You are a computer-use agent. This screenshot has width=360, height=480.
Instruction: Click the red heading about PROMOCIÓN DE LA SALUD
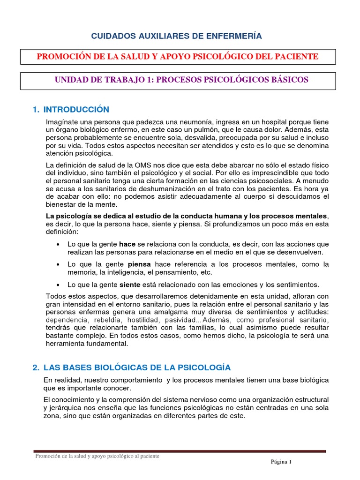pos(178,57)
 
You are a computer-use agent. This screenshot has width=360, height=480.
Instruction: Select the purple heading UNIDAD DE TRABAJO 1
pos(181,80)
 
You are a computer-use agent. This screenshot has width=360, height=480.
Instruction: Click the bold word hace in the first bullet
pos(127,244)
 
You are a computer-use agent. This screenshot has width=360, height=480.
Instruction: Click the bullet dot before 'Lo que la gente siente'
pos(57,285)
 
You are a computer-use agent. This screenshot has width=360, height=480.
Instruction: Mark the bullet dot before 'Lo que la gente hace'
pos(57,245)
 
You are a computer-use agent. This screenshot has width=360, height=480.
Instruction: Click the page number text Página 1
pos(281,462)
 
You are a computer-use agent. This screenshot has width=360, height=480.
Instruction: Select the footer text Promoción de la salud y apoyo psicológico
pos(97,456)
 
